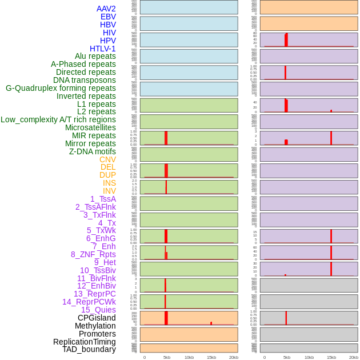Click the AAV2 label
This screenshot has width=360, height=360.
(x=106, y=9)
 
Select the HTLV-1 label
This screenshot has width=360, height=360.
(x=102, y=49)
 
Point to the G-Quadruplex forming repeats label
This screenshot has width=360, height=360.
(x=61, y=88)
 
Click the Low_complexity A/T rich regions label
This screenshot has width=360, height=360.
(x=58, y=119)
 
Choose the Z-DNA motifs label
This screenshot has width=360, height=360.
(x=92, y=151)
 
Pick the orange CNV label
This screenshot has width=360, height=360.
(x=107, y=159)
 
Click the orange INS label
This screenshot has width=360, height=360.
(x=109, y=183)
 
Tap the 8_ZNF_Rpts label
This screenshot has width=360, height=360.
(x=93, y=254)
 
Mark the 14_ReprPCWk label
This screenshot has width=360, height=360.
(x=89, y=302)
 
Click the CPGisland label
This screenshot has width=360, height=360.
(x=97, y=318)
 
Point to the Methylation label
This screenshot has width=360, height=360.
(x=95, y=326)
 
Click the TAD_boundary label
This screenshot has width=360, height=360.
(x=89, y=349)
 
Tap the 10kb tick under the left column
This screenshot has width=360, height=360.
(x=189, y=357)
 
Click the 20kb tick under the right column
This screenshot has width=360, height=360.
(x=354, y=357)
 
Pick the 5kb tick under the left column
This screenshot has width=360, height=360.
(x=166, y=357)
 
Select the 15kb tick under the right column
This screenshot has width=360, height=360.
(x=331, y=357)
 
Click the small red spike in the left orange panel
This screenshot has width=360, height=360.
(x=211, y=323)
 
